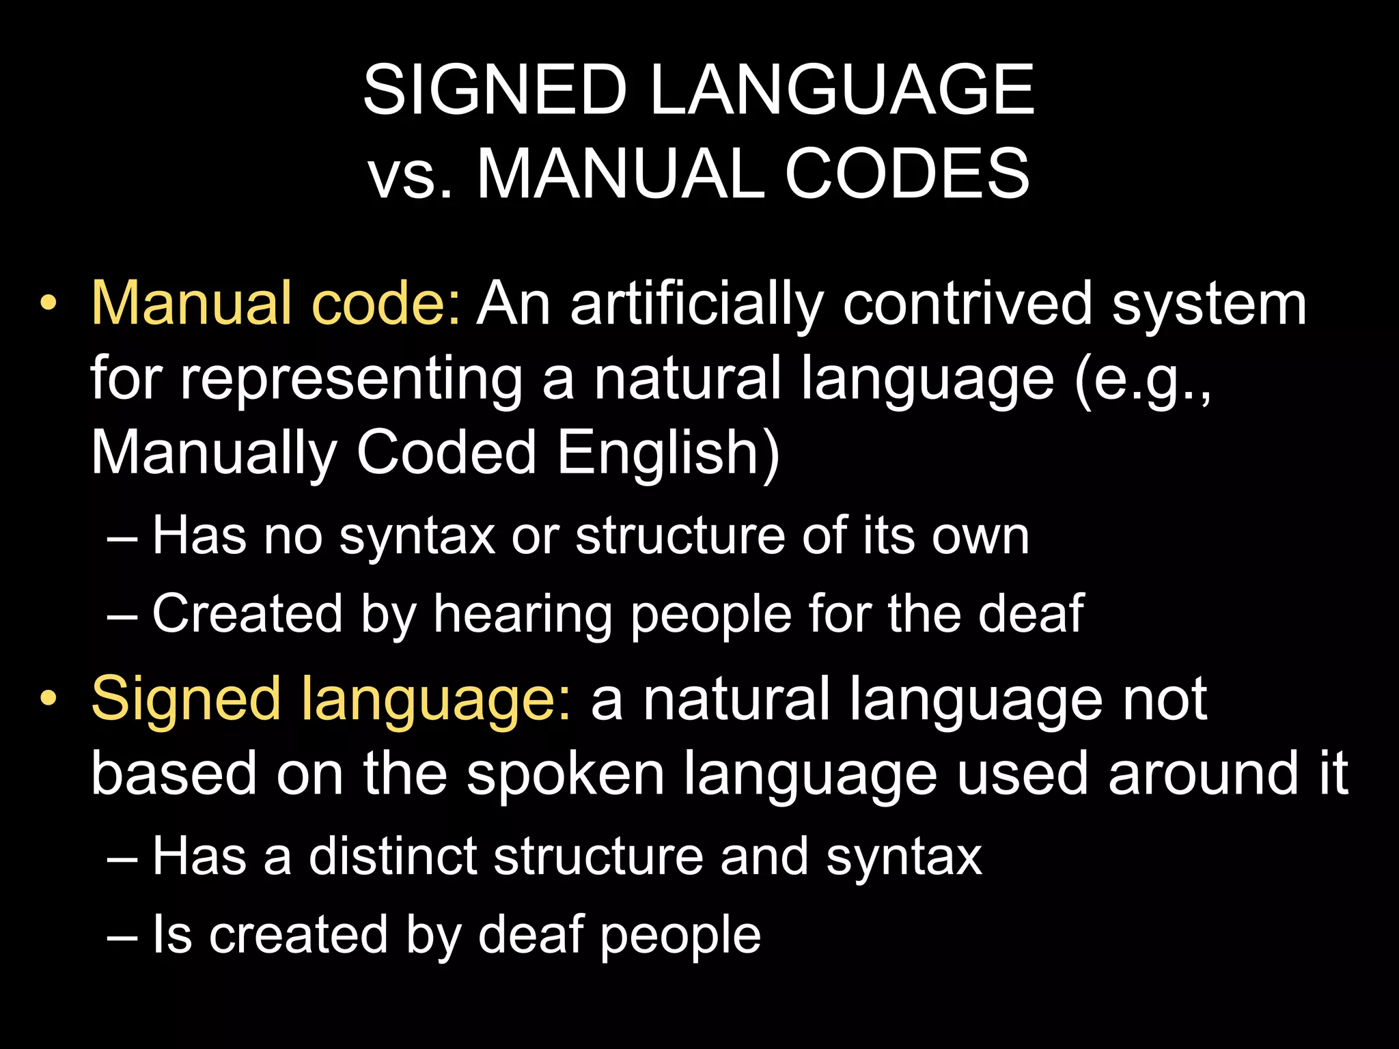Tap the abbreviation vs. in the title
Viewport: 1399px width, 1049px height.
coord(410,175)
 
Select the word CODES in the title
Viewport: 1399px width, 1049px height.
coord(906,175)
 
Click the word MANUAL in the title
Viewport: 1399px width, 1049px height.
coord(620,175)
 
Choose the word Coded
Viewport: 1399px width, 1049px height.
coord(447,452)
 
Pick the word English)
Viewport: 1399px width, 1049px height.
coord(668,453)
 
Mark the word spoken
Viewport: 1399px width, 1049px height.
coord(565,774)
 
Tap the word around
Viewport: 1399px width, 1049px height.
coord(1202,774)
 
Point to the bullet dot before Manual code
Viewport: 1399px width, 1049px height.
coord(48,304)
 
